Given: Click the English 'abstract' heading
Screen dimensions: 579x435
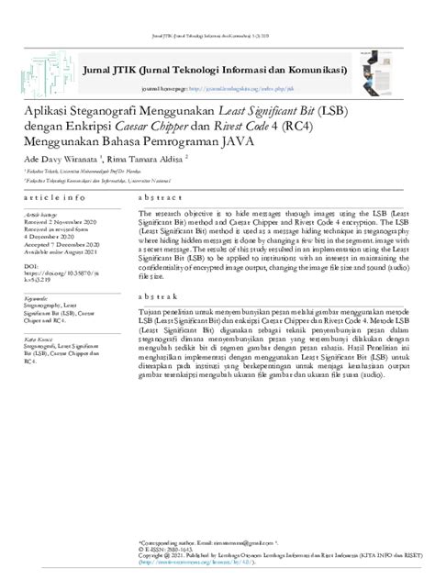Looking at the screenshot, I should coord(158,197).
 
